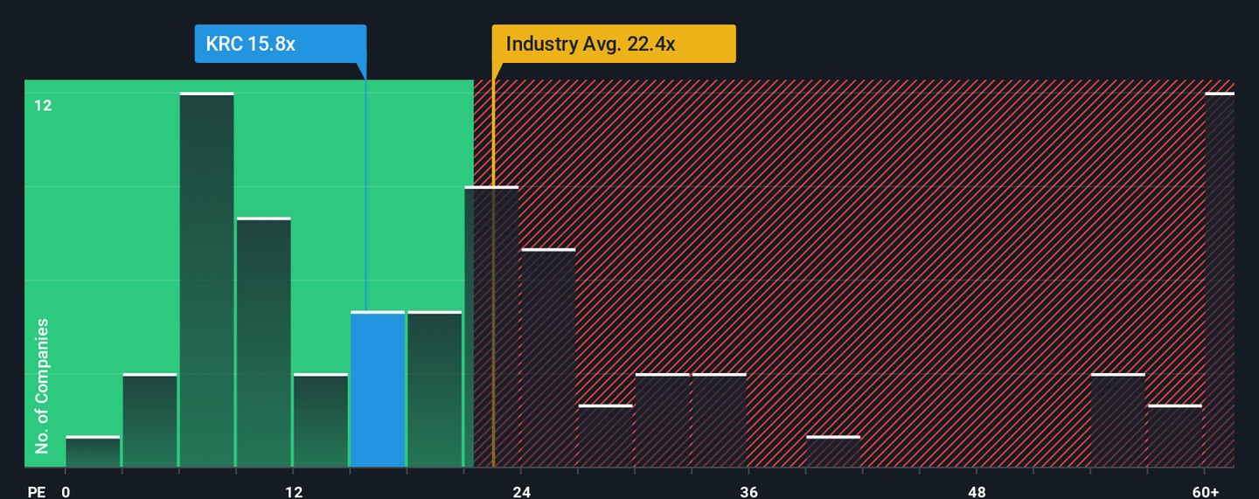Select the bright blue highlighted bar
378,389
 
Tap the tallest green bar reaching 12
207,280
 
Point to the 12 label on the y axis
43,106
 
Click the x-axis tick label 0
66,492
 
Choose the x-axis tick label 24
522,492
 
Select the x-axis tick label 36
749,492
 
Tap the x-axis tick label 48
977,492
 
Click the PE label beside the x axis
36,492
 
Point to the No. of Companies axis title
42,385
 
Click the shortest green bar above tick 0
93,452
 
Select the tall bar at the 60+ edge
1220,280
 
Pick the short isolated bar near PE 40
833,452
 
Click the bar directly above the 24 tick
548,358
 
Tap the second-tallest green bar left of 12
263,343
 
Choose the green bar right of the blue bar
435,389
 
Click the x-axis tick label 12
294,492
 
